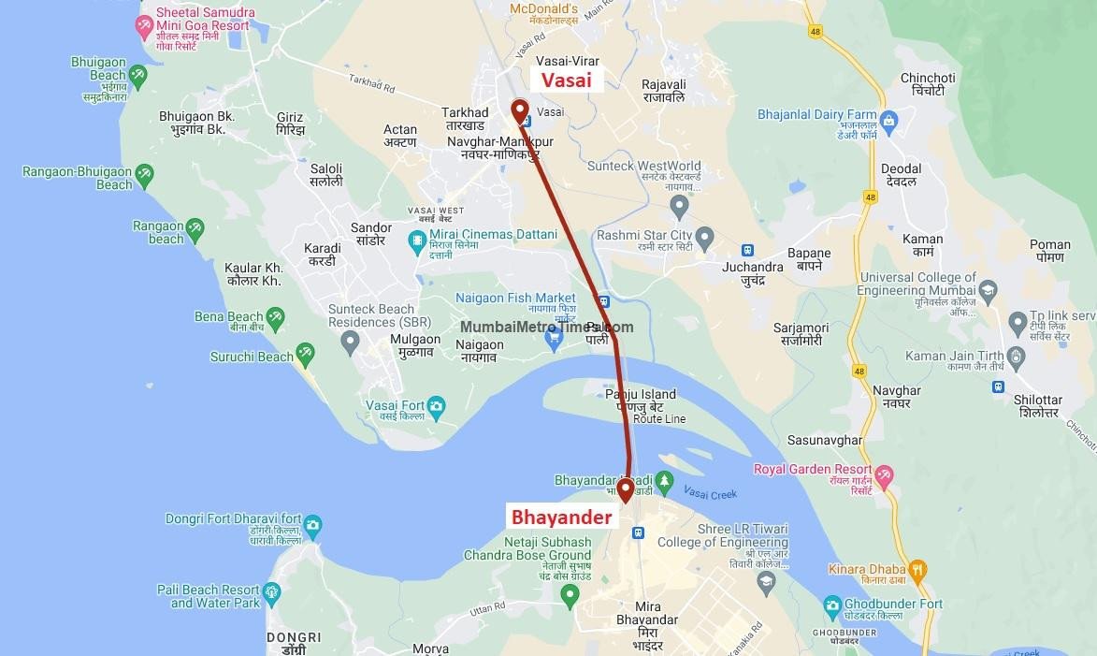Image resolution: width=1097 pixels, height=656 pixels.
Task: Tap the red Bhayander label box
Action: click(x=560, y=517)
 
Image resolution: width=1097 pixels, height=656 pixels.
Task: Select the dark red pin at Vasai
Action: click(x=519, y=110)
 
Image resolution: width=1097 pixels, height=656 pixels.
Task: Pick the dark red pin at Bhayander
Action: click(x=625, y=488)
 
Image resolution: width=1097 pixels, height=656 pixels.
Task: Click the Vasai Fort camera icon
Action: click(x=436, y=406)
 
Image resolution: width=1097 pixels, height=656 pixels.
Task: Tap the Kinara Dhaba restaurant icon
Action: click(x=917, y=569)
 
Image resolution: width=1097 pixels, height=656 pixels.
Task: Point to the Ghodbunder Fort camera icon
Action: click(x=833, y=607)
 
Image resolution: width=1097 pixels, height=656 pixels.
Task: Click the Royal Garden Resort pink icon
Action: click(x=883, y=474)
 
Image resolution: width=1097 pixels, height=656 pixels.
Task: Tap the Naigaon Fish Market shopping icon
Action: click(x=554, y=337)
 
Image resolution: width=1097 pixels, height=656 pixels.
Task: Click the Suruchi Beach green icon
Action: click(x=305, y=355)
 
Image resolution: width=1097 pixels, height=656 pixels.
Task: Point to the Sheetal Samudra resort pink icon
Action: click(x=145, y=25)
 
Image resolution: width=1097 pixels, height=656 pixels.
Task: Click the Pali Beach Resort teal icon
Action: click(x=271, y=592)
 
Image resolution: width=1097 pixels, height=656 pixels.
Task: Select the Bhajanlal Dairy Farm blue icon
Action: click(x=888, y=120)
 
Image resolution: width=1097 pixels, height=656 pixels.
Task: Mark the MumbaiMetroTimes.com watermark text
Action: click(x=546, y=328)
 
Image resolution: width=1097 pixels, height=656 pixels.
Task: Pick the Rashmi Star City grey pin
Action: click(x=704, y=235)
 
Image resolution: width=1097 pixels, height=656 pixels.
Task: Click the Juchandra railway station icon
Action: click(x=747, y=251)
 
